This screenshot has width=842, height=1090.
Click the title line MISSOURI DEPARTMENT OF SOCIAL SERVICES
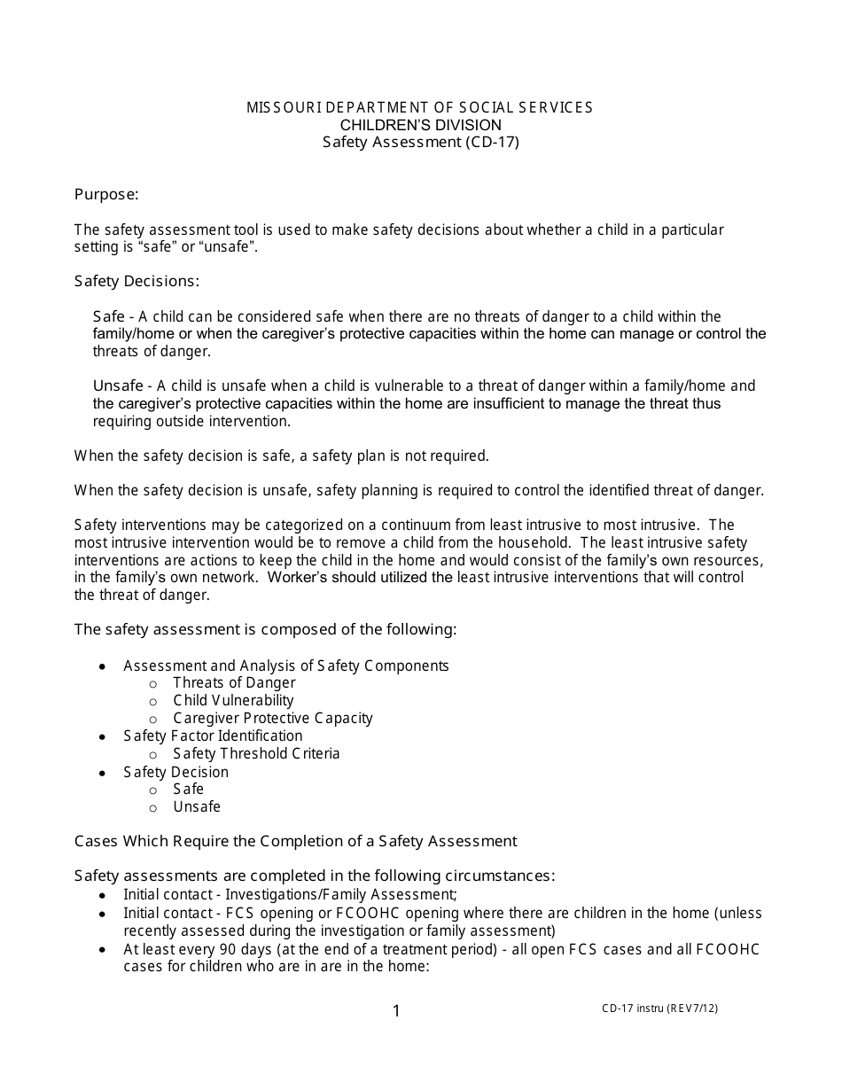(x=420, y=107)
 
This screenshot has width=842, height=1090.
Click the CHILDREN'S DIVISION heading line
(x=420, y=125)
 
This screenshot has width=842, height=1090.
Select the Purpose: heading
(x=106, y=194)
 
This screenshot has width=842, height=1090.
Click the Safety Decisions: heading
(x=136, y=281)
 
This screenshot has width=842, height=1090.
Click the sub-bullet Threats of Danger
(x=234, y=682)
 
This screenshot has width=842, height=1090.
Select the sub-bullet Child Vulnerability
(x=233, y=700)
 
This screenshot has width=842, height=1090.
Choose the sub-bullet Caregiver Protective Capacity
(x=272, y=718)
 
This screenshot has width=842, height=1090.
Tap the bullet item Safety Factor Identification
(x=213, y=736)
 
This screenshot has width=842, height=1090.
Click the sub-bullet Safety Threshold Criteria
(x=256, y=753)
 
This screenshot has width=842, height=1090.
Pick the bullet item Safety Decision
(x=175, y=772)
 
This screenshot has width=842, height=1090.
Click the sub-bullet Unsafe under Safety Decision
(x=197, y=806)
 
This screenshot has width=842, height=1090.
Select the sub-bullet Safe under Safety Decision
(x=188, y=789)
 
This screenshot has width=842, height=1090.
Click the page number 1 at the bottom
(x=396, y=1011)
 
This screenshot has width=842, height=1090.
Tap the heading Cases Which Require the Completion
(x=295, y=840)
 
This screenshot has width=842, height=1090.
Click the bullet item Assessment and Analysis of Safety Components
(x=285, y=666)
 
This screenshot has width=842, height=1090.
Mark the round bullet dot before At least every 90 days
(x=104, y=950)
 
